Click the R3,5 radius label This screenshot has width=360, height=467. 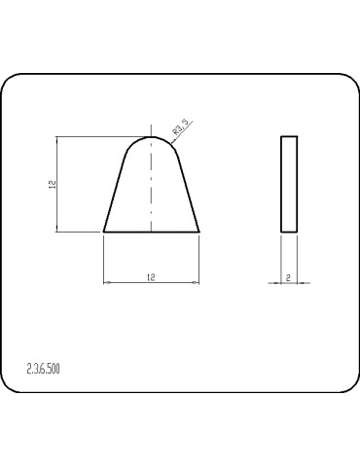point(180,126)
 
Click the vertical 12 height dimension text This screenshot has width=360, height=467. point(53,185)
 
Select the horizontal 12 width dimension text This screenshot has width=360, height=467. point(151,277)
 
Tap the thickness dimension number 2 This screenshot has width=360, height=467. point(288,277)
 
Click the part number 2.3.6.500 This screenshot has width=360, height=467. point(43,369)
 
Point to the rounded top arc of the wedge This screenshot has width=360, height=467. point(151,137)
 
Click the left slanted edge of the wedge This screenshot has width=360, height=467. point(115,194)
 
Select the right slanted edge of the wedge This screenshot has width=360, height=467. point(188,194)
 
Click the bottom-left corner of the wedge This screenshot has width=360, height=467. point(104,232)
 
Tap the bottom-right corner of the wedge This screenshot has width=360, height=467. point(199,232)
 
